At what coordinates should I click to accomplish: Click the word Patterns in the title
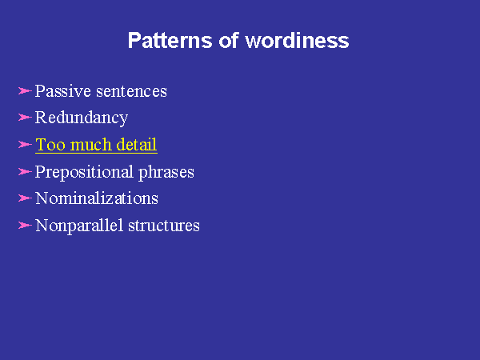(170, 40)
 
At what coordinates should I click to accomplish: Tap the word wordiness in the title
(297, 40)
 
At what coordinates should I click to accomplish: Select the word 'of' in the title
(228, 40)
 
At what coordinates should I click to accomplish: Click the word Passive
(63, 91)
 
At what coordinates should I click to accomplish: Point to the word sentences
(132, 91)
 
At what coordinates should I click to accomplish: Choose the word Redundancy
(82, 118)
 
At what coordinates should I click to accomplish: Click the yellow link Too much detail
(96, 145)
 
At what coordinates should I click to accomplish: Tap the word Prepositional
(84, 172)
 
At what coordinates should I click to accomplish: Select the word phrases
(166, 172)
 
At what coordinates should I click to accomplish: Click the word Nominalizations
(97, 198)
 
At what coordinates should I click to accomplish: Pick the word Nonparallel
(79, 226)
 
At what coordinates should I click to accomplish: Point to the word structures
(164, 226)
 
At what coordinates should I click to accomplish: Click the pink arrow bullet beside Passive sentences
(25, 91)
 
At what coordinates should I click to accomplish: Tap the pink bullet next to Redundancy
(25, 118)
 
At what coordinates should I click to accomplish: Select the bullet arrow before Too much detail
(25, 144)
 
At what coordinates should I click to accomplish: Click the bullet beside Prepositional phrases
(25, 171)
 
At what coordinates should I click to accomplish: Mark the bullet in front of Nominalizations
(25, 198)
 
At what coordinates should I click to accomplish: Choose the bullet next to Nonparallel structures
(25, 226)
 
